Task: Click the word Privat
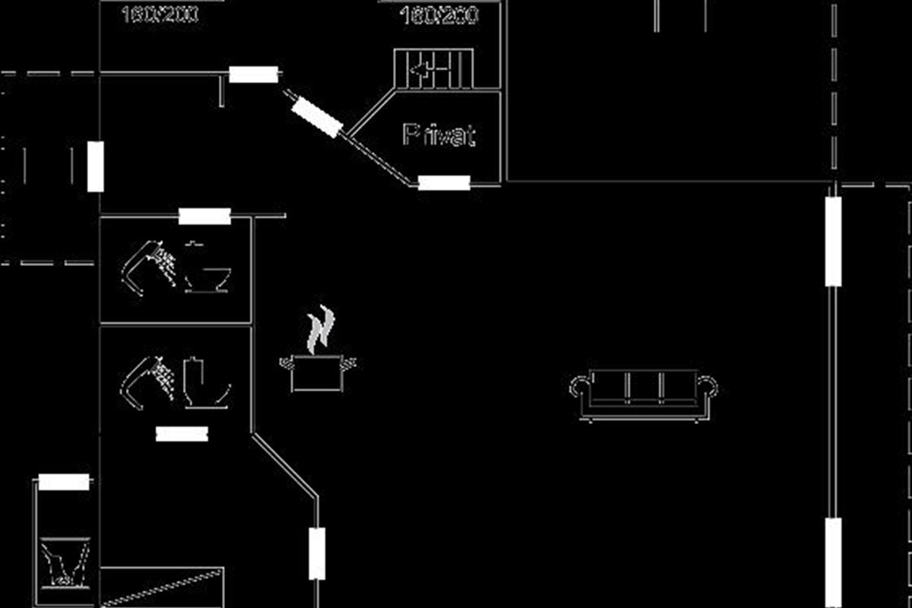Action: tap(439, 135)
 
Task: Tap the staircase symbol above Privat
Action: tap(434, 71)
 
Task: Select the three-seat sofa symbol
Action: tap(643, 394)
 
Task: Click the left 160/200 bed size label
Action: tap(160, 14)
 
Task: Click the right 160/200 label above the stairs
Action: tap(439, 15)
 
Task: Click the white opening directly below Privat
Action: tap(444, 182)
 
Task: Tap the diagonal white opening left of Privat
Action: tap(316, 118)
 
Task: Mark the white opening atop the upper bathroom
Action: tap(204, 217)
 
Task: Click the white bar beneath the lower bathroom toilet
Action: tap(182, 433)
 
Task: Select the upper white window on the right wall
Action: tap(834, 241)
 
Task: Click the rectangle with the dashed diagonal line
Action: tap(162, 586)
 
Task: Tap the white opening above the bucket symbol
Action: tap(64, 482)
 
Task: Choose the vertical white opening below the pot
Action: tap(317, 553)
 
